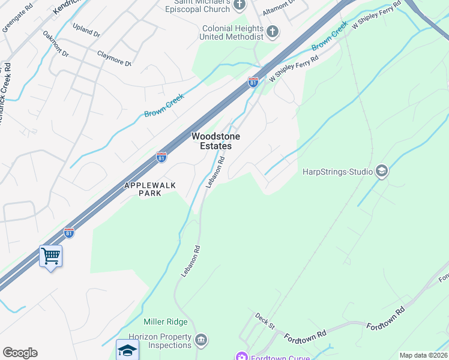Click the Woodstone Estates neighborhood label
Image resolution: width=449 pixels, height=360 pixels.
[211, 141]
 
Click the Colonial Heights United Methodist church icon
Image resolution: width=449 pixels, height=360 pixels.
[273, 31]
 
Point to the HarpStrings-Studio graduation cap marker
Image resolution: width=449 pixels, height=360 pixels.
[381, 172]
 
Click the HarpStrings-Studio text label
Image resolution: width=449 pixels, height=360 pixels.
[338, 172]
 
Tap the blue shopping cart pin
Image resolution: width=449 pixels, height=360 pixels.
[51, 257]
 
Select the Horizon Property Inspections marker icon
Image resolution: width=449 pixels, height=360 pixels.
[202, 340]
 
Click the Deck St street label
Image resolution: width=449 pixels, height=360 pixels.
[264, 320]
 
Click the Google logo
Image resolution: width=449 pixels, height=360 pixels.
[20, 353]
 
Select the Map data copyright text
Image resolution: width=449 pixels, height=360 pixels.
[423, 355]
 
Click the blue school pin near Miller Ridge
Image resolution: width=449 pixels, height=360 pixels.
[127, 349]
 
